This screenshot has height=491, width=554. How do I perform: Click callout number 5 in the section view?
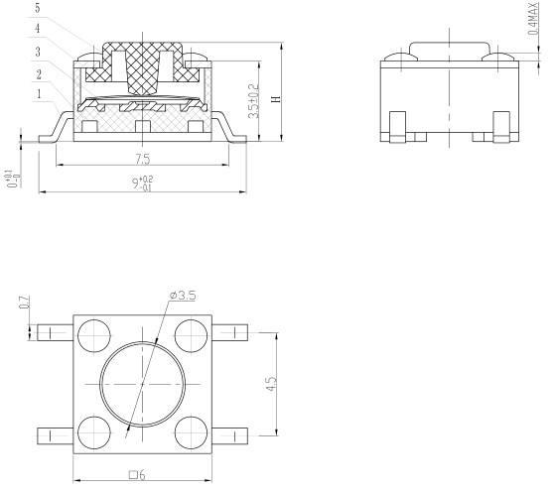[38, 9]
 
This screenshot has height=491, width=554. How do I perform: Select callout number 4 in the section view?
[38, 29]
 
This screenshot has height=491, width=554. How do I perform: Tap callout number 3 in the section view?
[38, 52]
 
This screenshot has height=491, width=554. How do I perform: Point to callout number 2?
[39, 74]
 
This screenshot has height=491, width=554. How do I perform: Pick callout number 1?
[39, 94]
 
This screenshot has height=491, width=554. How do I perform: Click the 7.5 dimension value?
[143, 160]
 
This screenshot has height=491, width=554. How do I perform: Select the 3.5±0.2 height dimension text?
[254, 101]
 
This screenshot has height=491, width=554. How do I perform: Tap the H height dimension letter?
[277, 99]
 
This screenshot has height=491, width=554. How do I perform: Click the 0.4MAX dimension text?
[533, 19]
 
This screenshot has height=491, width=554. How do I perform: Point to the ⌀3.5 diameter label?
[183, 295]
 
